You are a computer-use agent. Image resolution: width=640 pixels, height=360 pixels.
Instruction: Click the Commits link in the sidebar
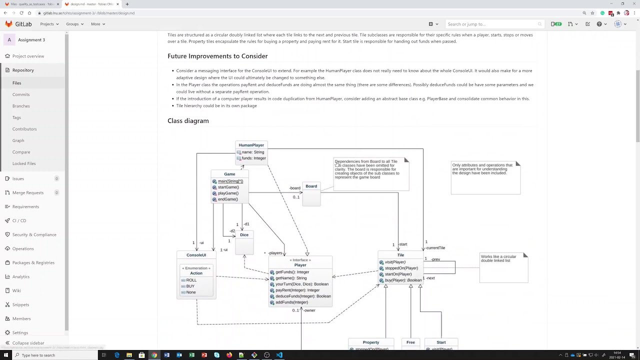[x=21, y=94]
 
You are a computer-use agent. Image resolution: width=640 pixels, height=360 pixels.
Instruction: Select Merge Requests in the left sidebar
[x=28, y=192]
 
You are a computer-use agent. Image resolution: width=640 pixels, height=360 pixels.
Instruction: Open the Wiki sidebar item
[x=16, y=290]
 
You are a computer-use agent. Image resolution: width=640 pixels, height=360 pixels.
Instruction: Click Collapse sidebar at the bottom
[x=28, y=343]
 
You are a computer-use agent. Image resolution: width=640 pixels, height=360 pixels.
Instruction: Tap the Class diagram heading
[x=188, y=121]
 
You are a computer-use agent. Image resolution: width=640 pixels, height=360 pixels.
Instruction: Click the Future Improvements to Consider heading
[x=217, y=56]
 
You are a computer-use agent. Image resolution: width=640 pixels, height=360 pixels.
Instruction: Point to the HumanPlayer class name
[x=251, y=145]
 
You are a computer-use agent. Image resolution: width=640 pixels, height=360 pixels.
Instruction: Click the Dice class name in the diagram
[x=244, y=235]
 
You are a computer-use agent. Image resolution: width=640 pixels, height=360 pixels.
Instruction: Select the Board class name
[x=311, y=186]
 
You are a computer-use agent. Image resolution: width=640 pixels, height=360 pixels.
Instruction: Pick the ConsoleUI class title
[x=196, y=255]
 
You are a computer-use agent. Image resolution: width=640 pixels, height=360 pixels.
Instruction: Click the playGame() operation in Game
[x=228, y=193]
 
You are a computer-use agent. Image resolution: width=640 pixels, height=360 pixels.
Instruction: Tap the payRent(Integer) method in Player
[x=297, y=290]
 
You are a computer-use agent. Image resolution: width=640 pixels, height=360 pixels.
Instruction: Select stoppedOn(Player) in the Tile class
[x=401, y=268]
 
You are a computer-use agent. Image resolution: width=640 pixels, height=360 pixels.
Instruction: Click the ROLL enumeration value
[x=191, y=280]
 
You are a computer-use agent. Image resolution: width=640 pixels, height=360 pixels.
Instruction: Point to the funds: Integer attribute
[x=253, y=158]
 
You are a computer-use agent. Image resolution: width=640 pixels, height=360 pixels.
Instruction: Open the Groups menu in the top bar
[x=74, y=24]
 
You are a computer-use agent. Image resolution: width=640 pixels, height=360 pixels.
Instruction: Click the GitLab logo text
[x=23, y=24]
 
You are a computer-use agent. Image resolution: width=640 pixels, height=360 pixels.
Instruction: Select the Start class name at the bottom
[x=441, y=342]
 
